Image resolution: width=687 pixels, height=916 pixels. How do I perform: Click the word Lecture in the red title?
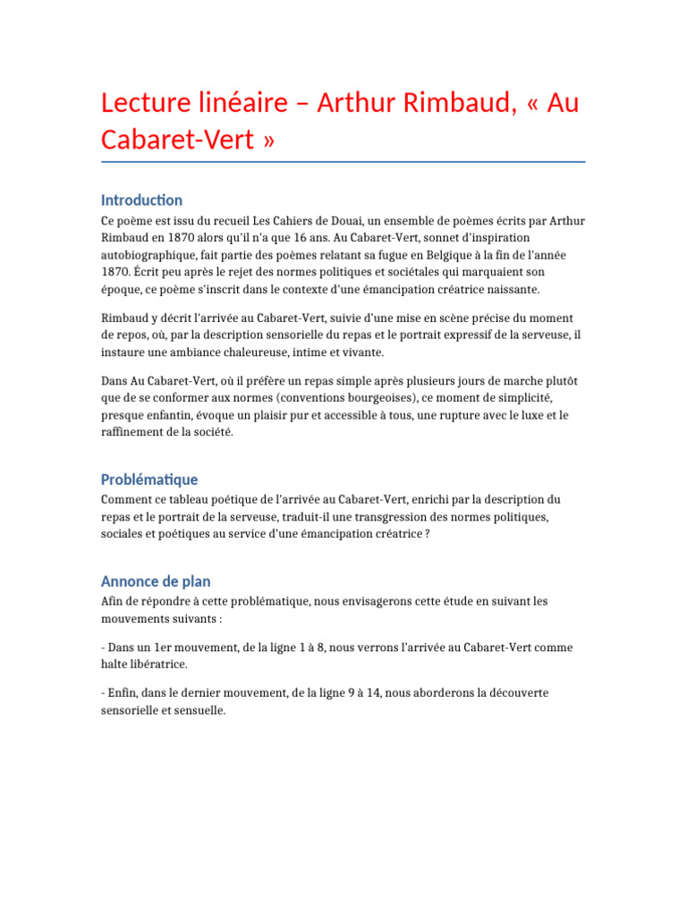coord(147,104)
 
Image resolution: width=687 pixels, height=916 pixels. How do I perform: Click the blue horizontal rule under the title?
coord(343,162)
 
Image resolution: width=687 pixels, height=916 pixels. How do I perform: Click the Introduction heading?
coord(141,199)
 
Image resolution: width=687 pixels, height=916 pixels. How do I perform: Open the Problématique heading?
coord(149,479)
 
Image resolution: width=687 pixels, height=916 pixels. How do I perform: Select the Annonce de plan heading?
coord(156,581)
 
